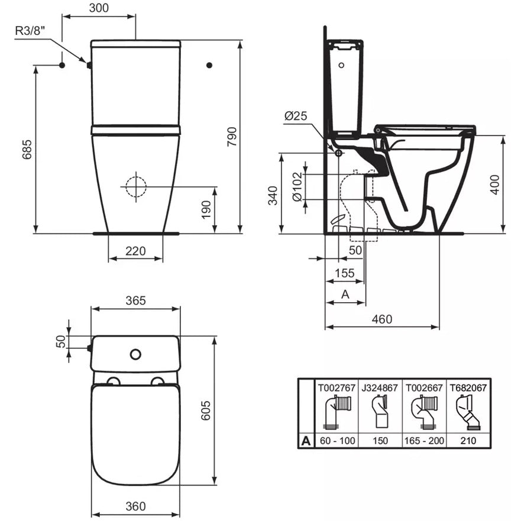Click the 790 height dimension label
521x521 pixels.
coord(232,137)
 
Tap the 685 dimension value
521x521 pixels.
coord(27,149)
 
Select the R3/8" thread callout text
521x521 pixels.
coord(30,31)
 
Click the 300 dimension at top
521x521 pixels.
coord(99,8)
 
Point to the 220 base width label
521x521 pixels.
coord(135,251)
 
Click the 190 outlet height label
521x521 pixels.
coord(206,210)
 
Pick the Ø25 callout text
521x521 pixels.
coord(296,116)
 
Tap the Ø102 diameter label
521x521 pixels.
coord(297,186)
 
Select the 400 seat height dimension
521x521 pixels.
coord(495,185)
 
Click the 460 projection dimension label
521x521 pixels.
coord(382,319)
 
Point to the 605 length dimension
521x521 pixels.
coord(206,410)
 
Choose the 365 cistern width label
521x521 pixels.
coord(135,300)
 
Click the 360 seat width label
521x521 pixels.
coord(135,506)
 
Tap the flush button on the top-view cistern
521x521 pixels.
coord(135,355)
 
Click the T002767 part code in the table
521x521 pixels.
coord(336,388)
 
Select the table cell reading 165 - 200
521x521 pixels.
coord(424,441)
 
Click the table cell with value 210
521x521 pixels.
coord(468,441)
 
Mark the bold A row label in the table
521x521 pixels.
coord(306,441)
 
